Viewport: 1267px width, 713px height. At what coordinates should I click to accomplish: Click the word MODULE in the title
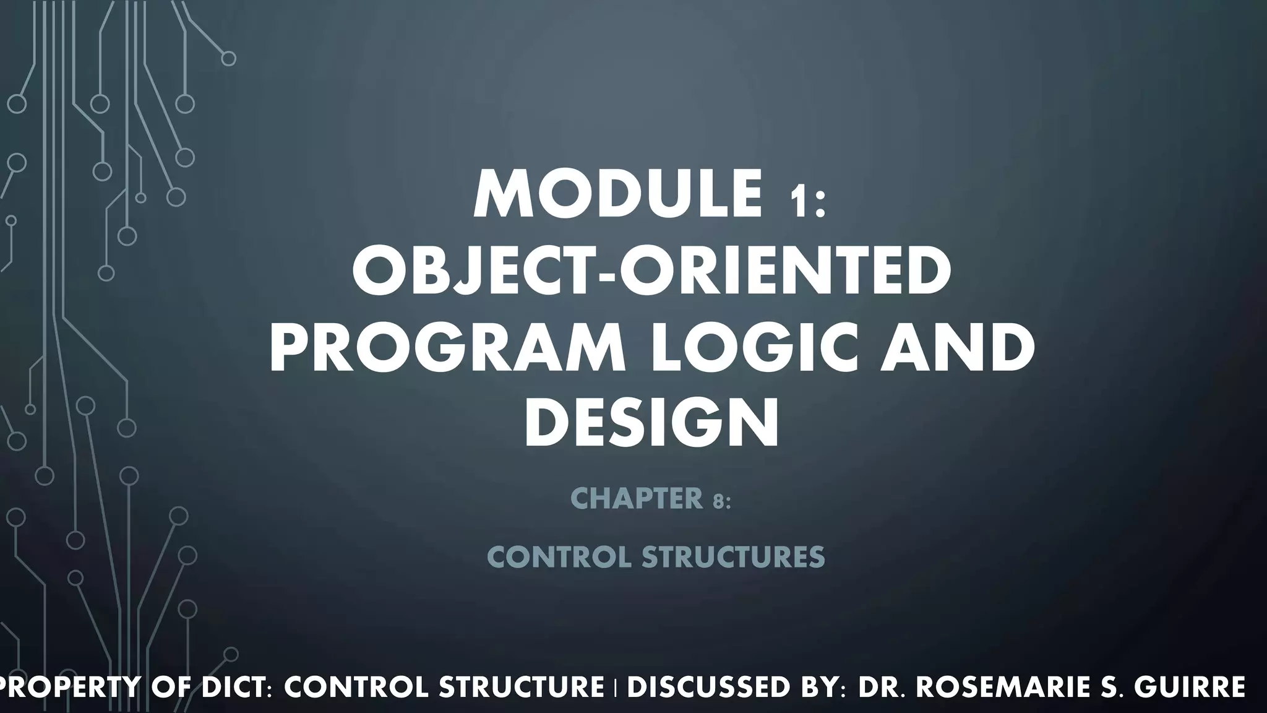617,194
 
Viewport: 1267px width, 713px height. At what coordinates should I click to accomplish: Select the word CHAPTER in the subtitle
637,499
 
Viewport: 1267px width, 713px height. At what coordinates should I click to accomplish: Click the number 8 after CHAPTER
718,502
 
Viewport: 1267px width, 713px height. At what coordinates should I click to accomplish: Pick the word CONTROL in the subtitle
560,558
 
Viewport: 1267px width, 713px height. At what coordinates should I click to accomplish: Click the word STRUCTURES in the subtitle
733,558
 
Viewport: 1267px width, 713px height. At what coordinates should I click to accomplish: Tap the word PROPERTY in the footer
67,688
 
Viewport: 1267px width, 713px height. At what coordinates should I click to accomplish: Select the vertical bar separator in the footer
616,689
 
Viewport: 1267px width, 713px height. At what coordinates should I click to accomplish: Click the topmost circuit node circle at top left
228,59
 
